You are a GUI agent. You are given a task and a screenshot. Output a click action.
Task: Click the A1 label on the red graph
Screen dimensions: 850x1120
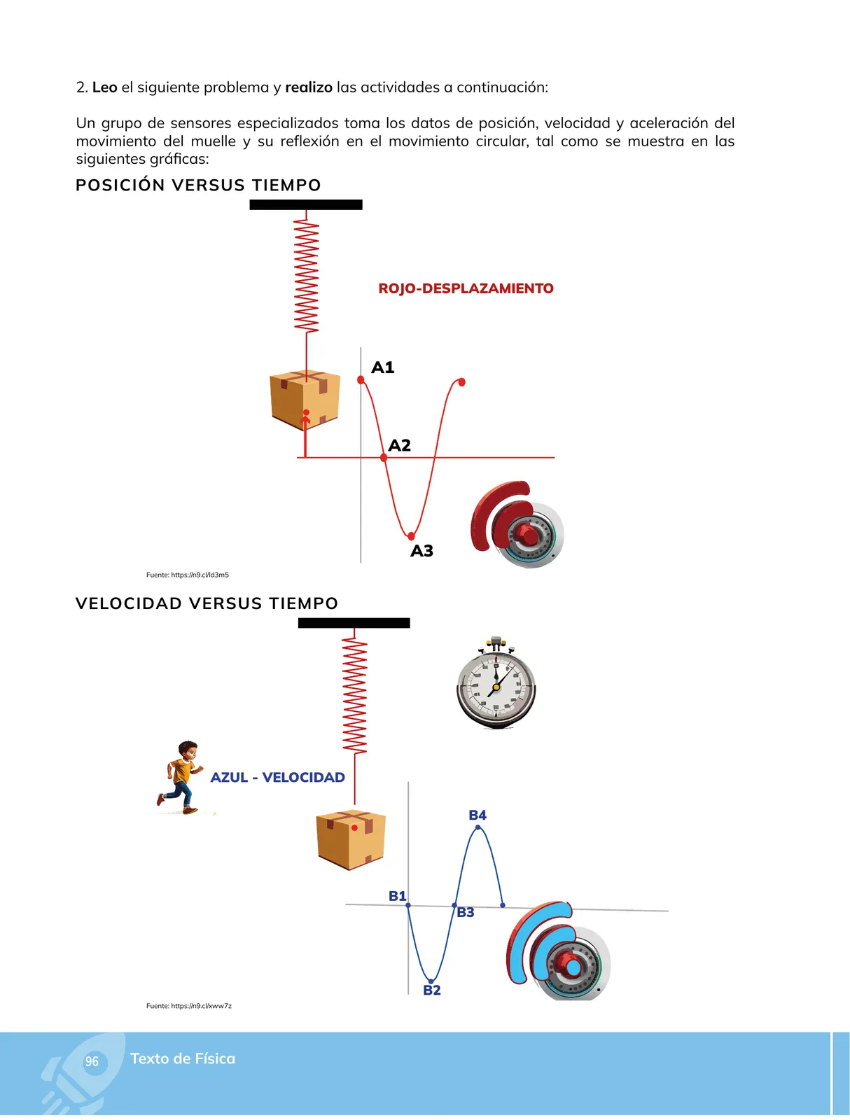[382, 367]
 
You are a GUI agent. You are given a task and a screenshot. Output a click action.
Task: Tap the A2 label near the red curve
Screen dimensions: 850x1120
[399, 445]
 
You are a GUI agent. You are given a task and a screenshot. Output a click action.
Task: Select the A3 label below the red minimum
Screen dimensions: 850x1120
[421, 551]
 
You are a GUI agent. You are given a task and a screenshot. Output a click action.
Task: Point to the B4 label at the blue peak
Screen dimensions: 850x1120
[477, 815]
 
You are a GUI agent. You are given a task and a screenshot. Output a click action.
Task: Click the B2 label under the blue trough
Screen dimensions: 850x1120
[431, 990]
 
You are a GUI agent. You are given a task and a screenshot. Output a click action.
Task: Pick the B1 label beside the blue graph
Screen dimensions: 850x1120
[397, 895]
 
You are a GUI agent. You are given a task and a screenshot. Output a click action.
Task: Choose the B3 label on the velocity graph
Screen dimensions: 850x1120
[465, 912]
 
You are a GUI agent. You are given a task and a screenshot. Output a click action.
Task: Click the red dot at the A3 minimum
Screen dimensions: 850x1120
[411, 535]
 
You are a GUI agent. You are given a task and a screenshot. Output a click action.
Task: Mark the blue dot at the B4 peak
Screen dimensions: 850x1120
[477, 827]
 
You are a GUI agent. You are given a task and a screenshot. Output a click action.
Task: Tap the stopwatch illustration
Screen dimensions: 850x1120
[496, 682]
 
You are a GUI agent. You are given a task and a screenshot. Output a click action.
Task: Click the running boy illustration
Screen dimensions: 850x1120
[180, 777]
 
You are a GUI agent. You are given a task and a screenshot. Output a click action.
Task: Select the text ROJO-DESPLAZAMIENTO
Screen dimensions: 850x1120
[466, 288]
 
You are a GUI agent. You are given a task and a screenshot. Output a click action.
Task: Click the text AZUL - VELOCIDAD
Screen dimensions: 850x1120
[277, 777]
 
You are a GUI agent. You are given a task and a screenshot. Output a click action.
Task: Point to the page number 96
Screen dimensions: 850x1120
[91, 1061]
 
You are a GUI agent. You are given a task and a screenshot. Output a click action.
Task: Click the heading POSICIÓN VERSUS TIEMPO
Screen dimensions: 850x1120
[198, 185]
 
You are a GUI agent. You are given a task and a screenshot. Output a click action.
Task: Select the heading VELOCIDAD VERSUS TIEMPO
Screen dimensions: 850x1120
[207, 603]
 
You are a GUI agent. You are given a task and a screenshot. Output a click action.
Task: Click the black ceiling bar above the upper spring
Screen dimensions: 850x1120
[305, 204]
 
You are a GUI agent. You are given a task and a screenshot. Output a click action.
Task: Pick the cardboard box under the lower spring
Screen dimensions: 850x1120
[351, 839]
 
